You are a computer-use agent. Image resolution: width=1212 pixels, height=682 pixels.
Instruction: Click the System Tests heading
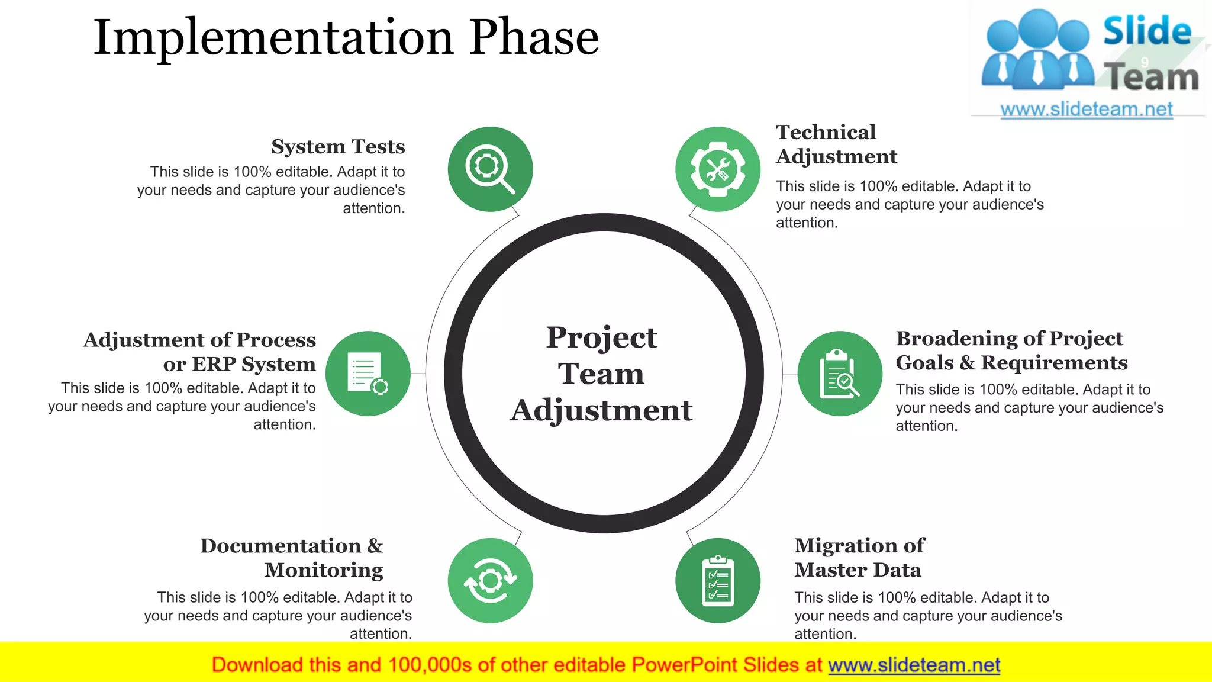(338, 146)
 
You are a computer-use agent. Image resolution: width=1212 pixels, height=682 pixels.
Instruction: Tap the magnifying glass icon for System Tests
(490, 169)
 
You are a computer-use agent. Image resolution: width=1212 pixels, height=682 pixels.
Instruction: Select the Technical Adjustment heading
(836, 144)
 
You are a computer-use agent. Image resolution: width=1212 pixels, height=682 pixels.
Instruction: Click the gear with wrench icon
(718, 169)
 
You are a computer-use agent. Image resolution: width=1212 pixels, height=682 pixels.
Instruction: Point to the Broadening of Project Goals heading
(1011, 350)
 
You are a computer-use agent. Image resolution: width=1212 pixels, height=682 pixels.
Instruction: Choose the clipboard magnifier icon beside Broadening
(840, 374)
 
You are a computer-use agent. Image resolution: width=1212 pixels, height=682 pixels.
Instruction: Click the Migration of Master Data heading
(859, 557)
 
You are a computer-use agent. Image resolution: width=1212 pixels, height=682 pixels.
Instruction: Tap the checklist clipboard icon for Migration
(718, 581)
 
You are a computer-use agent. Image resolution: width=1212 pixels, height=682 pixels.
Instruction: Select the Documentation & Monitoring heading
(292, 557)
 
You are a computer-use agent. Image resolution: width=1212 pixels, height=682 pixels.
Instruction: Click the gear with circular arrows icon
(490, 581)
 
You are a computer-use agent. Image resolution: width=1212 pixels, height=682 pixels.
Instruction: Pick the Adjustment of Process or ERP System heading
(200, 352)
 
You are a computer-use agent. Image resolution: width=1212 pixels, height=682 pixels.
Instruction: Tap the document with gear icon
(368, 374)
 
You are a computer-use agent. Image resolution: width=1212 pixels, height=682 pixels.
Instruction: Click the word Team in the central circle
(601, 374)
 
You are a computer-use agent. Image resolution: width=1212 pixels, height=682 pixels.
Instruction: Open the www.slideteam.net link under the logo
(1087, 109)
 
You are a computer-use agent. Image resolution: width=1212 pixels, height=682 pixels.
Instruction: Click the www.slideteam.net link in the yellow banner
(914, 665)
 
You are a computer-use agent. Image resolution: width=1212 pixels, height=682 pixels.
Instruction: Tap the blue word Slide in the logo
(1147, 31)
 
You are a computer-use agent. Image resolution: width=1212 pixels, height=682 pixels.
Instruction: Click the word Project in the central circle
(601, 337)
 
